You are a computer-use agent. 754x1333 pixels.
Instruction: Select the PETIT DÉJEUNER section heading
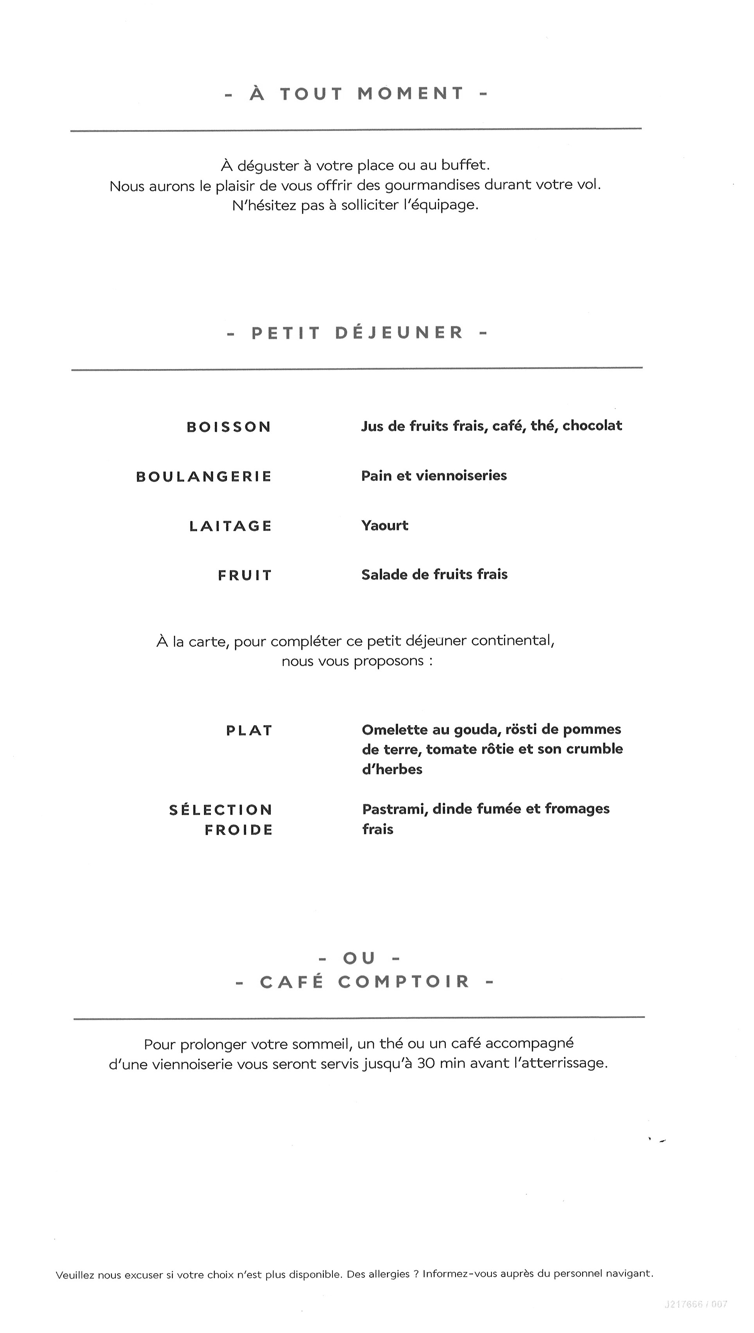click(x=357, y=333)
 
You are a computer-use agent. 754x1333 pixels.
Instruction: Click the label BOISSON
click(x=229, y=427)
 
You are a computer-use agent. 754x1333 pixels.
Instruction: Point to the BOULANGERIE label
click(x=204, y=477)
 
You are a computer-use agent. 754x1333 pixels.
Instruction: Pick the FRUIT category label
click(x=245, y=575)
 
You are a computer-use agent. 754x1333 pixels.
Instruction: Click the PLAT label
click(x=249, y=731)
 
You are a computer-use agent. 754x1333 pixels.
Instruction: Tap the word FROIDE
click(x=239, y=830)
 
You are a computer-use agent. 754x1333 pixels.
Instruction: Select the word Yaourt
click(x=385, y=525)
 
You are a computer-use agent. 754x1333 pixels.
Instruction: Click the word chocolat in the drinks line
click(x=592, y=425)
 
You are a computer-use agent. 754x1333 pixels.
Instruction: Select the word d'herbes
click(x=392, y=769)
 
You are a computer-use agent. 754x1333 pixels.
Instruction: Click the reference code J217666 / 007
click(x=695, y=1304)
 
